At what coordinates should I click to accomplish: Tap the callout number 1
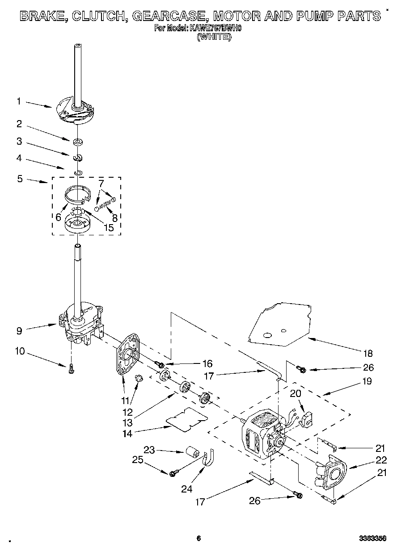tap(19, 101)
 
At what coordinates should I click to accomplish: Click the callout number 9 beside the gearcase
tap(19, 331)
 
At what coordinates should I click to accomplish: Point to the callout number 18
tap(367, 354)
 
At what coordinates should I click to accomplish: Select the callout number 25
tap(138, 459)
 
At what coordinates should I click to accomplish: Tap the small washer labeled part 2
tap(79, 142)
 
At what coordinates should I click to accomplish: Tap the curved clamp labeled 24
tap(208, 459)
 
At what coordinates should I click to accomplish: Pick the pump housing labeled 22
tap(333, 472)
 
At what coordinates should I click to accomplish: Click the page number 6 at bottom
tap(198, 538)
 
